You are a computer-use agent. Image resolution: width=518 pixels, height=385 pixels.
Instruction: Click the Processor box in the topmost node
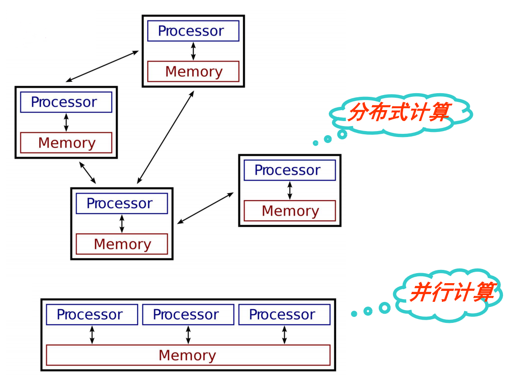coord(193,31)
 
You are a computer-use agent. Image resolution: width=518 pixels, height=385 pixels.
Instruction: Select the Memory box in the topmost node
coord(193,72)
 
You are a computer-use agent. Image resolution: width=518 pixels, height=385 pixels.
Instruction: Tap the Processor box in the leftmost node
coord(66,102)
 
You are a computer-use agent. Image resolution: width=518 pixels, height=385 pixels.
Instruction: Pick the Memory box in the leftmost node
coord(66,143)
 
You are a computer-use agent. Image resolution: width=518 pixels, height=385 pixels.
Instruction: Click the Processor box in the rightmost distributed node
coord(290,170)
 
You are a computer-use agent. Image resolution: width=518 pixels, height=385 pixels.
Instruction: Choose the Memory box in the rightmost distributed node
coord(290,211)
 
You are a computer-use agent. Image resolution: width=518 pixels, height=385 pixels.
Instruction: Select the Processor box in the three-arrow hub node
coord(121,204)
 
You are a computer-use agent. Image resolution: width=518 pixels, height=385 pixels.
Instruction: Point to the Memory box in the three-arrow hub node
coord(121,244)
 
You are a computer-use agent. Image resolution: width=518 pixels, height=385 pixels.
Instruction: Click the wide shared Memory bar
coord(188,355)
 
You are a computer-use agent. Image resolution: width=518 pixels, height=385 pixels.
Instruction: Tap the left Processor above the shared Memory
coord(92,315)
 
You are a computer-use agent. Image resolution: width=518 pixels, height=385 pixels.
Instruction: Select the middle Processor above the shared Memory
coord(188,315)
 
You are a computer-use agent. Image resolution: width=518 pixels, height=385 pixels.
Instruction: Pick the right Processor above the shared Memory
coord(284,315)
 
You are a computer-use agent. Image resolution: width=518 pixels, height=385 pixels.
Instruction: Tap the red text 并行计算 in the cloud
coord(451,292)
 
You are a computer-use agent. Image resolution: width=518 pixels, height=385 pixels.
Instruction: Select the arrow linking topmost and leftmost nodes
coord(102,67)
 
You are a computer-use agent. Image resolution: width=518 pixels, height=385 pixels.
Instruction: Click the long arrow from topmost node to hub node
coord(166,137)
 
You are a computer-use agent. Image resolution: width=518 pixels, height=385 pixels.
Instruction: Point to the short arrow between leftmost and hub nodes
coord(87,172)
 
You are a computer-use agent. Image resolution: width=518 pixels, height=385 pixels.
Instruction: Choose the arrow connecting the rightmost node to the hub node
coord(205,208)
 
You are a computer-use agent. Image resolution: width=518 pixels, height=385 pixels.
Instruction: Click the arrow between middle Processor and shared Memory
coord(188,335)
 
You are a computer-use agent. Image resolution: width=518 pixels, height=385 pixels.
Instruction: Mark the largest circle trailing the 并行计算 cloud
coord(384,308)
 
